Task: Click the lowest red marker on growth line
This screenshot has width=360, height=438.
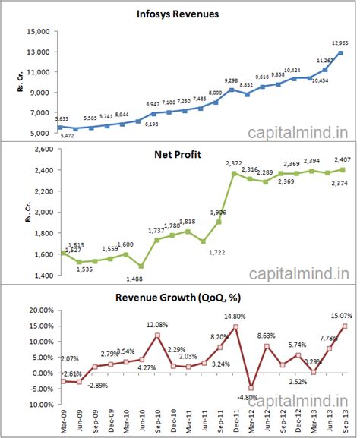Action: [251, 388]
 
